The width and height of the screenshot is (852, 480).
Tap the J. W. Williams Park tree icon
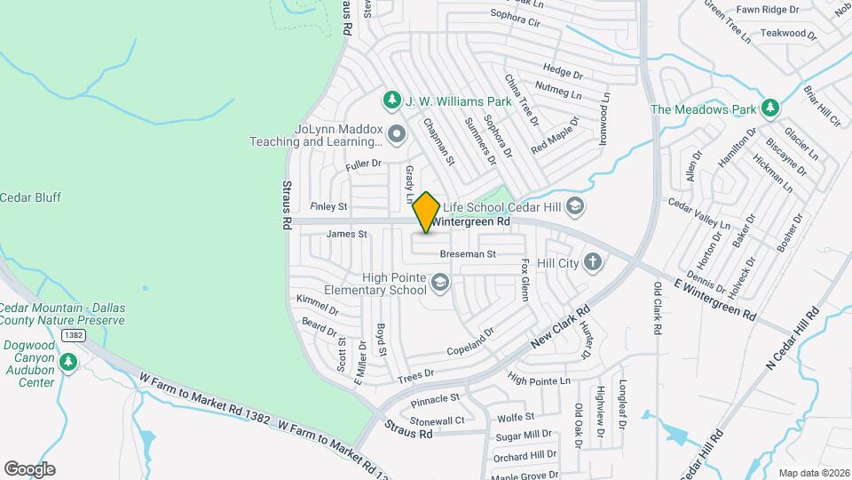pyautogui.click(x=389, y=99)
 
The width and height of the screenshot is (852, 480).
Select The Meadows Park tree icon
pyautogui.click(x=771, y=108)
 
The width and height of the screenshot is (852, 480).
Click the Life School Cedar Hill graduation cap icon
pyautogui.click(x=574, y=206)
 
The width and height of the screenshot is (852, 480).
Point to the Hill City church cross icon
pyautogui.click(x=593, y=262)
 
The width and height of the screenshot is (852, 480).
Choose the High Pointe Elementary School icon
pyautogui.click(x=438, y=284)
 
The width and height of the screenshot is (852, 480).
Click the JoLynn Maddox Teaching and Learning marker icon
pyautogui.click(x=396, y=134)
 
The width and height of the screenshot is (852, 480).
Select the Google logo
pyautogui.click(x=29, y=469)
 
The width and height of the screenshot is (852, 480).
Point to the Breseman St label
pyautogui.click(x=467, y=255)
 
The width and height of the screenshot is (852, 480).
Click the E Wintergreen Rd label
pyautogui.click(x=714, y=300)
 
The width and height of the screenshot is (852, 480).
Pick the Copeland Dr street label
pyautogui.click(x=469, y=342)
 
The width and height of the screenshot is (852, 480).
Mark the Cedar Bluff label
pyautogui.click(x=31, y=197)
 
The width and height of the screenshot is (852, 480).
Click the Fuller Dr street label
pyautogui.click(x=363, y=164)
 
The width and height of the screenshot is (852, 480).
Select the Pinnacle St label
pyautogui.click(x=436, y=401)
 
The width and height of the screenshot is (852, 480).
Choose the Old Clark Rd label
pyautogui.click(x=658, y=308)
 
